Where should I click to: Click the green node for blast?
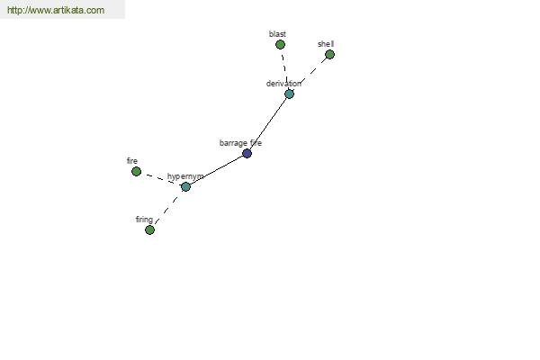click(x=280, y=44)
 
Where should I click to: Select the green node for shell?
click(x=329, y=54)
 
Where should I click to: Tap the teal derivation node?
click(x=289, y=94)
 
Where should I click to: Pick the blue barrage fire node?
click(x=247, y=153)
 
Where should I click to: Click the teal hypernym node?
click(x=185, y=186)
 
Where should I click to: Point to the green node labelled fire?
click(x=137, y=171)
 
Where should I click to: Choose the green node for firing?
click(x=149, y=229)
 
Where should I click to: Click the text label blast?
click(x=277, y=34)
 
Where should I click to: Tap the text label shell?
click(x=326, y=44)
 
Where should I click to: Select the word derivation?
click(x=283, y=84)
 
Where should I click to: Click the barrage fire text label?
click(x=240, y=143)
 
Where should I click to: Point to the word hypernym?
click(x=185, y=176)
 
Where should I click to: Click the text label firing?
click(x=144, y=220)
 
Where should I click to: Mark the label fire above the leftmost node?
click(x=132, y=161)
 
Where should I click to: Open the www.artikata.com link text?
click(x=56, y=10)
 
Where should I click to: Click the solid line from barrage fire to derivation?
click(x=268, y=123)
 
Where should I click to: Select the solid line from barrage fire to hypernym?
click(x=216, y=170)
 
